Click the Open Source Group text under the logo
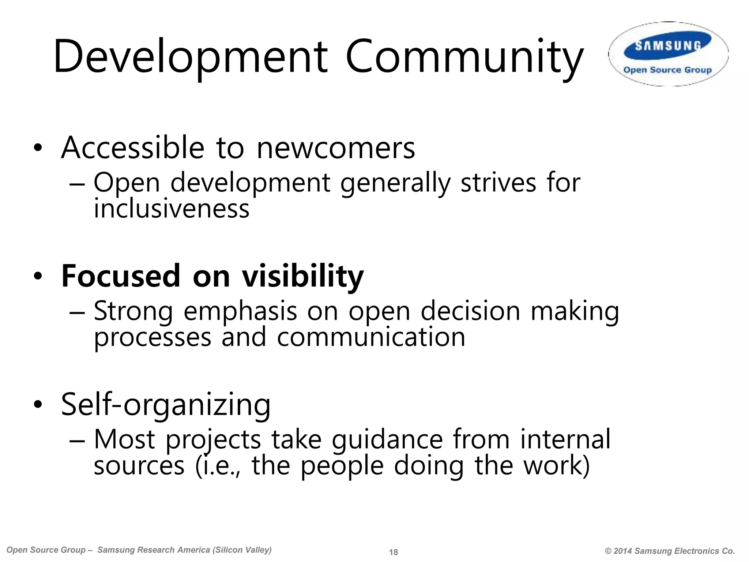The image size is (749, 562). tap(667, 70)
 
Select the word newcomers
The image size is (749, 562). tap(336, 148)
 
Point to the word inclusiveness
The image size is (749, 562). tap(172, 209)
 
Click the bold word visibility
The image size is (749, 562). tap(303, 276)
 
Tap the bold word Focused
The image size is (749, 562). tap(121, 276)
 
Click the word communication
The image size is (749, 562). tap(371, 337)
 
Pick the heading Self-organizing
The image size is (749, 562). tap(166, 405)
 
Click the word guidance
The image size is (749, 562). tap(387, 440)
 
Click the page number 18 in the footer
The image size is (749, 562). tap(394, 552)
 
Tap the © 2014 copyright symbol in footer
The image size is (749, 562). tap(609, 551)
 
